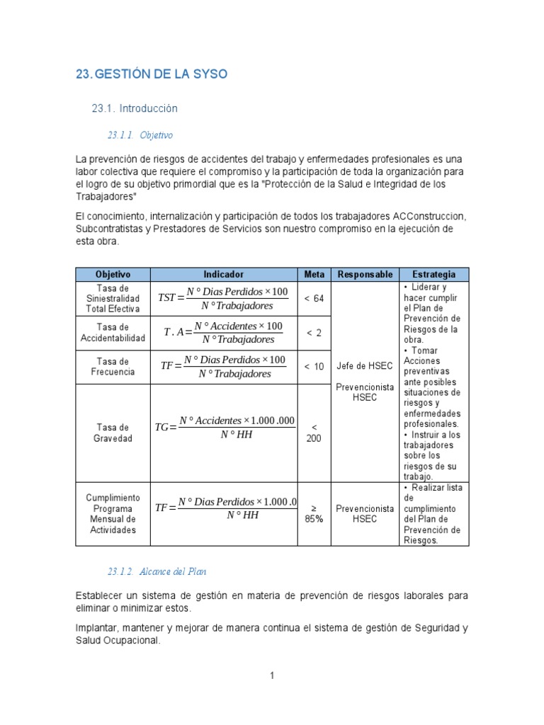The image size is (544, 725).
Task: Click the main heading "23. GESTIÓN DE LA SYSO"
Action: click(x=152, y=74)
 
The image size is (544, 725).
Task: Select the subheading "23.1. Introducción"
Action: click(x=135, y=109)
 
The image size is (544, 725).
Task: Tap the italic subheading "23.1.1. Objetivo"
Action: click(x=140, y=135)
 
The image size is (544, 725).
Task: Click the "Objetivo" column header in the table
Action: click(x=113, y=275)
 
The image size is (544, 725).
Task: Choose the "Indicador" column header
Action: click(x=223, y=275)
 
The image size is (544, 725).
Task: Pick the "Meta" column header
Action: click(x=314, y=275)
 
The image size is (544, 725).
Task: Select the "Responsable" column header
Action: click(x=365, y=275)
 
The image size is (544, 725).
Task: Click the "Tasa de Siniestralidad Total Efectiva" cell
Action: click(x=113, y=299)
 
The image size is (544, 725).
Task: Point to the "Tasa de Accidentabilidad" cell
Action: click(x=113, y=333)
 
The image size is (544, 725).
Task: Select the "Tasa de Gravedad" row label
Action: click(x=113, y=433)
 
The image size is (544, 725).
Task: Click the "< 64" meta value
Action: click(x=314, y=299)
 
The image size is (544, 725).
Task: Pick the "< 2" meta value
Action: click(x=314, y=333)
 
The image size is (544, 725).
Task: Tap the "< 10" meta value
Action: click(x=314, y=367)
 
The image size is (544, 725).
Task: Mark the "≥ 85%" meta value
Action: click(x=314, y=513)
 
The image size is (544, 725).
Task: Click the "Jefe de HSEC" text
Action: click(x=365, y=366)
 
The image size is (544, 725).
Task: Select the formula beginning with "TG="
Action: click(x=224, y=427)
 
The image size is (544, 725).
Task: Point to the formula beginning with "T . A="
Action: click(x=223, y=332)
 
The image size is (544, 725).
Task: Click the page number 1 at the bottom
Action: click(x=271, y=676)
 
